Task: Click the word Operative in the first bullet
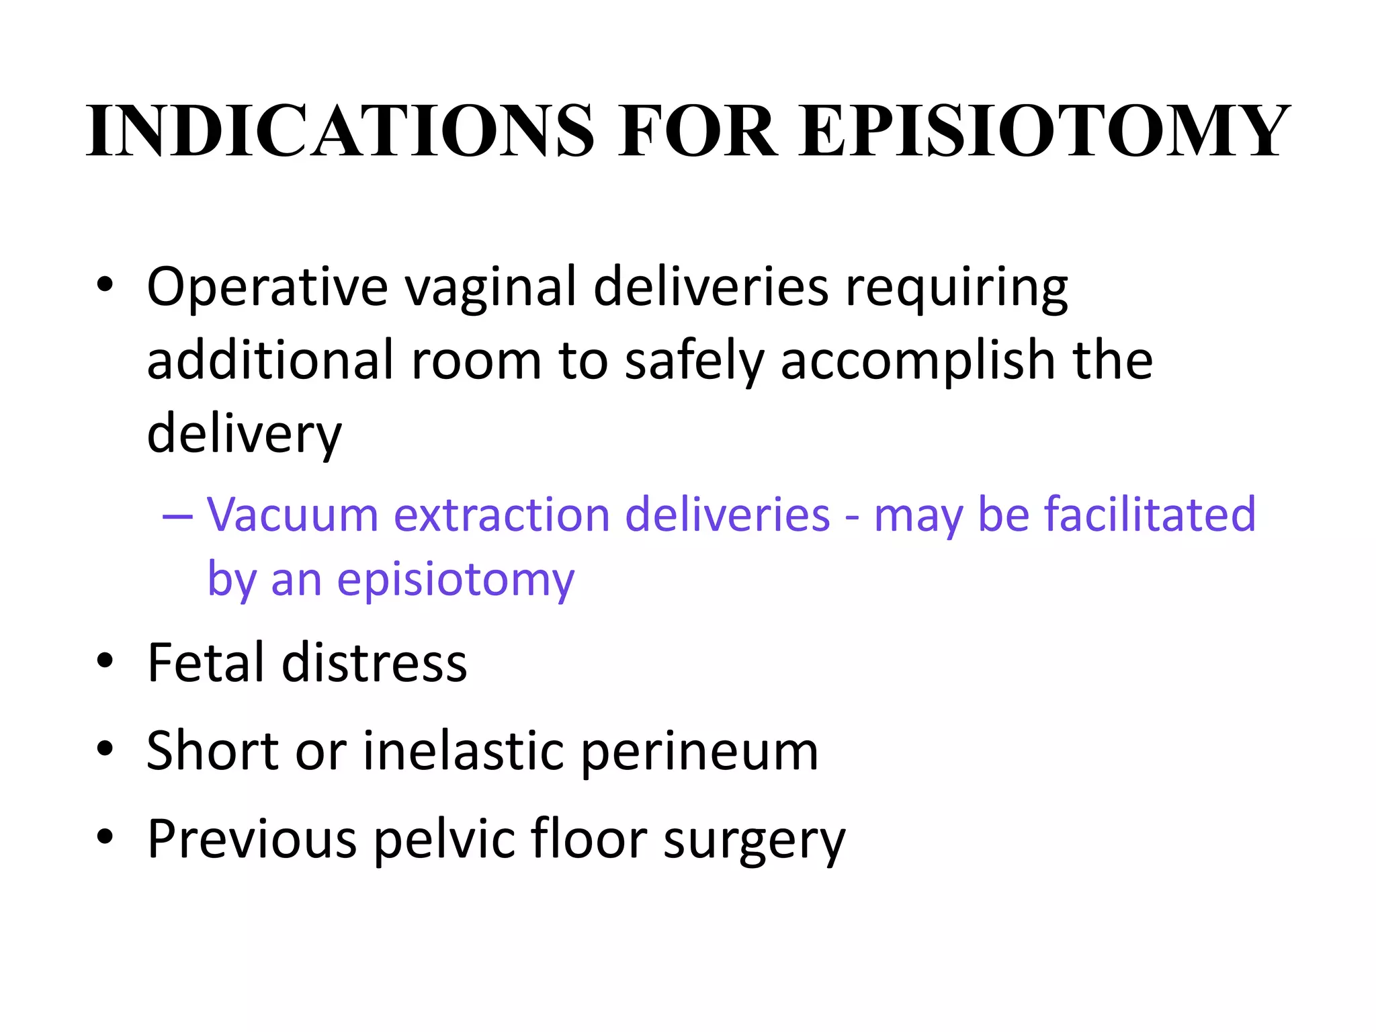(x=267, y=288)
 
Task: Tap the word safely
(x=694, y=361)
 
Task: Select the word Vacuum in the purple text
(x=293, y=515)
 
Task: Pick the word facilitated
(x=1150, y=515)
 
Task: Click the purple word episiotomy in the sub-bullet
(x=456, y=579)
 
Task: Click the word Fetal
(x=206, y=662)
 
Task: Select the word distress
(x=374, y=662)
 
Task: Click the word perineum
(x=699, y=752)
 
